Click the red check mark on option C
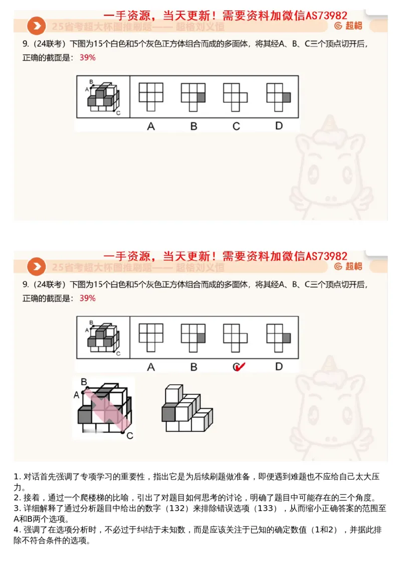pos(240,367)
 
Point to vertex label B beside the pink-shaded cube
pos(84,382)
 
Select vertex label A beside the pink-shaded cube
pos(76,395)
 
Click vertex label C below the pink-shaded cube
pos(129,435)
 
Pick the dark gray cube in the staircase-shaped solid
pos(168,413)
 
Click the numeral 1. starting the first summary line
pos(17,476)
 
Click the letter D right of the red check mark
pos(279,367)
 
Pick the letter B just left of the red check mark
pos(193,367)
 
